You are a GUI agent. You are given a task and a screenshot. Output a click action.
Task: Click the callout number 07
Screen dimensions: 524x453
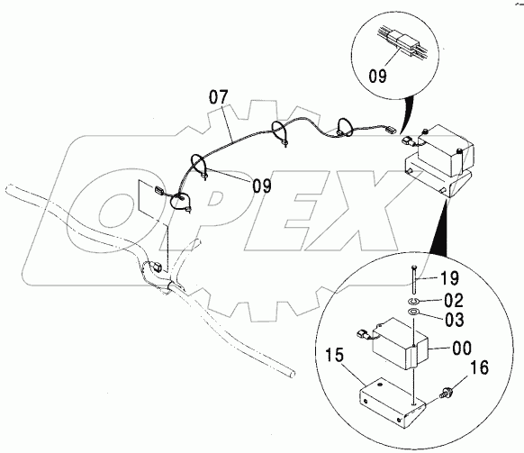219,97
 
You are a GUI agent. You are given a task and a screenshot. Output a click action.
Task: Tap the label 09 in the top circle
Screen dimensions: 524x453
377,76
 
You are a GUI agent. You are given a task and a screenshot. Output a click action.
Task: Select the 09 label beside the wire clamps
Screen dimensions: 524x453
262,186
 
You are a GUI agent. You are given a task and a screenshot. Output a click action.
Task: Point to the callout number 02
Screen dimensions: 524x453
454,300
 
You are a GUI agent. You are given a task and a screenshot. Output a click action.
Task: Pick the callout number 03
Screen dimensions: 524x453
455,320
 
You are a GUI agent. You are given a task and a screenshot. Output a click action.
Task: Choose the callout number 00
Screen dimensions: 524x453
462,349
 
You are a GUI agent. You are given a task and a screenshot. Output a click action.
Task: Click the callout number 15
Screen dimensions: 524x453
334,355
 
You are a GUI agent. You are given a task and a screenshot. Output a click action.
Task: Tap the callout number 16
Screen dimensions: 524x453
480,367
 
